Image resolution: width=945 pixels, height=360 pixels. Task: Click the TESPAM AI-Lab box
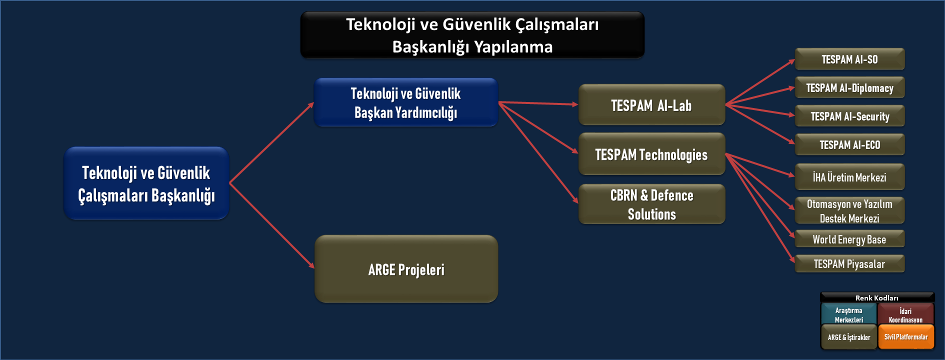point(651,104)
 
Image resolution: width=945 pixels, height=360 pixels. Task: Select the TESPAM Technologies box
point(651,154)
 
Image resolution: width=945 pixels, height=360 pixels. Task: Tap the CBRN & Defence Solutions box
point(651,204)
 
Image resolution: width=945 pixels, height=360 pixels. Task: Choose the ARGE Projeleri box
point(406,269)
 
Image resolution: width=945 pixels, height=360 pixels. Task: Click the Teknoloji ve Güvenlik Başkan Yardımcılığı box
point(405,102)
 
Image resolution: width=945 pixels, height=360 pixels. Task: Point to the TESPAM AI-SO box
point(849,59)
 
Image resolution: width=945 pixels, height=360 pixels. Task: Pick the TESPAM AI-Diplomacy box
point(849,87)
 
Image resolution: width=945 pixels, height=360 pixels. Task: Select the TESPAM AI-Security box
point(849,116)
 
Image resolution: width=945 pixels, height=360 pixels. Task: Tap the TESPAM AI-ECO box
point(849,144)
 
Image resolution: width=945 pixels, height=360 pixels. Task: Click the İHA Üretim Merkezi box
point(849,177)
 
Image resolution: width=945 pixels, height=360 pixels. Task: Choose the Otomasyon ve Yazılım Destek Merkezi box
point(849,210)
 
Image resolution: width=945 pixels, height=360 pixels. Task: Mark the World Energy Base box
point(849,239)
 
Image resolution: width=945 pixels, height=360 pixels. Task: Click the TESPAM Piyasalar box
point(849,263)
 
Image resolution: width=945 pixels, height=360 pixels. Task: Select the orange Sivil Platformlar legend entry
point(906,336)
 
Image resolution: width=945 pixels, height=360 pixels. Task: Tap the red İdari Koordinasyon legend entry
point(906,314)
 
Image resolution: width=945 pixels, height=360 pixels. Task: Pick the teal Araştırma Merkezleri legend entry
point(849,314)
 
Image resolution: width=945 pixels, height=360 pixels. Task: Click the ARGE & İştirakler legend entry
point(849,336)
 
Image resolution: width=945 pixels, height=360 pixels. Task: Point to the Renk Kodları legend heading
point(877,298)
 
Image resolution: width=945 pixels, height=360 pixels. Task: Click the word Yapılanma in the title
point(513,47)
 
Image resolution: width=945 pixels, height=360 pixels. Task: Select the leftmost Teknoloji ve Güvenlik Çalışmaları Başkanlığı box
point(146,183)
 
